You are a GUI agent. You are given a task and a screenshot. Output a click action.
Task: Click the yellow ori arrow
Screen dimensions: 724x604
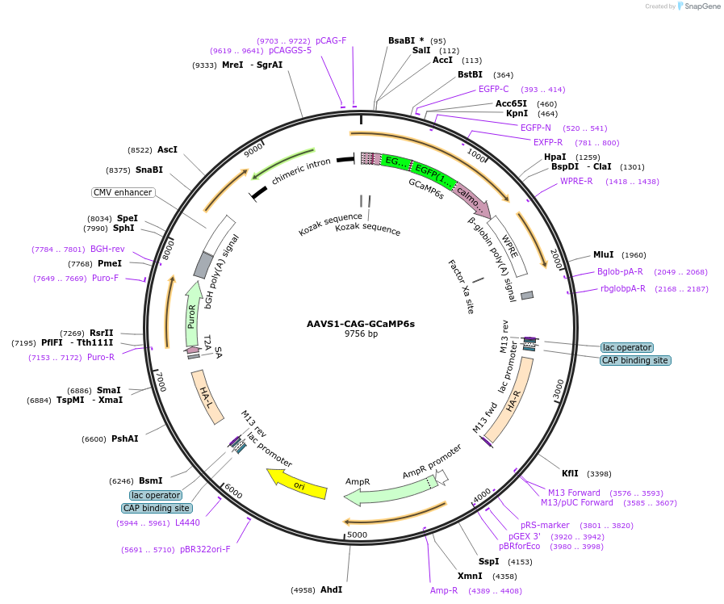(x=298, y=484)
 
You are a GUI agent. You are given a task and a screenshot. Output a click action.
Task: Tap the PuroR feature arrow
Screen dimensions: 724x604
(x=193, y=314)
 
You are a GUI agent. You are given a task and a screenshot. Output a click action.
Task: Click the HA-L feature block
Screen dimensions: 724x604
(x=207, y=397)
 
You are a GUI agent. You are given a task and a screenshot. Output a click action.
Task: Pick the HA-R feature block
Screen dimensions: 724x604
(x=511, y=401)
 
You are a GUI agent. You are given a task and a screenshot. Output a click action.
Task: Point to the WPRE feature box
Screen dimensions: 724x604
(x=508, y=246)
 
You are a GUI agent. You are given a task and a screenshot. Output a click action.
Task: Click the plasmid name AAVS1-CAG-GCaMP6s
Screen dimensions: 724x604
(x=361, y=324)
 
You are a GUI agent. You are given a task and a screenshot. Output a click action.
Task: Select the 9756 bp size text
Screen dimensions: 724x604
(x=361, y=333)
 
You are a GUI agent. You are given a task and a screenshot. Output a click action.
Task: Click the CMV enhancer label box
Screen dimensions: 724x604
(x=123, y=192)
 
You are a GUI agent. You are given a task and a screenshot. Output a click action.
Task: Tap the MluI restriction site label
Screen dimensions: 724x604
(x=604, y=254)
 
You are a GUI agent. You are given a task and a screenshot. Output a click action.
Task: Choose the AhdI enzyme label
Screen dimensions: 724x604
(x=332, y=589)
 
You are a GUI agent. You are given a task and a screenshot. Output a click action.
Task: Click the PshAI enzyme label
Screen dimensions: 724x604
(x=124, y=438)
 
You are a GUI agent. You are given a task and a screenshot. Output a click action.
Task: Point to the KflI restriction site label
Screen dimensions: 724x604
(x=570, y=473)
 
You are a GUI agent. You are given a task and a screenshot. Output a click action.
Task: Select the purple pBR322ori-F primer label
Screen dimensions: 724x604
(x=205, y=550)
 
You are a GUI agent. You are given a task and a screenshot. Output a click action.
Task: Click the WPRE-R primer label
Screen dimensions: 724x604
(x=576, y=181)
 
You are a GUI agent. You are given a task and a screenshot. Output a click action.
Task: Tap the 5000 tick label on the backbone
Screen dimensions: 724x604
(x=357, y=535)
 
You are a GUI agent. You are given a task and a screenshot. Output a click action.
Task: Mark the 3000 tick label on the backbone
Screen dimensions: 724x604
(x=559, y=389)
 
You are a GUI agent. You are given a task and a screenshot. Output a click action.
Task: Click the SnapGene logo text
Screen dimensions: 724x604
(x=702, y=6)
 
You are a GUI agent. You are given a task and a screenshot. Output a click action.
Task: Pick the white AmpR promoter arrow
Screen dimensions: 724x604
(x=442, y=477)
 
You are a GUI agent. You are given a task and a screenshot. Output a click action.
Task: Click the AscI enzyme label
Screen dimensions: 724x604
(x=167, y=149)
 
